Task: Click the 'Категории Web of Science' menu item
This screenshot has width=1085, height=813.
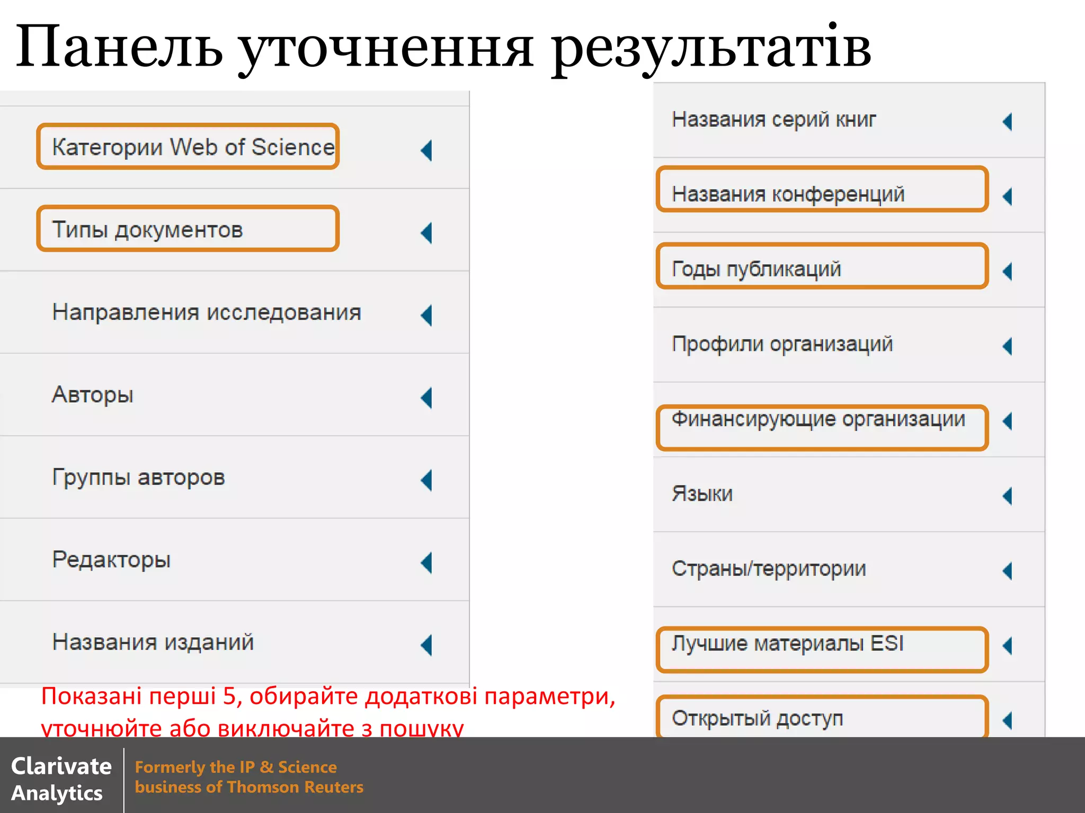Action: coord(193,147)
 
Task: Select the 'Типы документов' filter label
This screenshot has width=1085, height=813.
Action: coord(147,230)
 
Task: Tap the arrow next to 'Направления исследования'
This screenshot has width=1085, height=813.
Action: coord(426,315)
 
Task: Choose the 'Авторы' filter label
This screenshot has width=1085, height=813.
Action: coord(93,395)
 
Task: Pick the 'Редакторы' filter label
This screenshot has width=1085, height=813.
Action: coord(111,560)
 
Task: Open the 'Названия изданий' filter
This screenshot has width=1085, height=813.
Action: coord(153,643)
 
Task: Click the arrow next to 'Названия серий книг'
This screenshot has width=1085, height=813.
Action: coord(1008,122)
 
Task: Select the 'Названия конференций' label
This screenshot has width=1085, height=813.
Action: coord(788,194)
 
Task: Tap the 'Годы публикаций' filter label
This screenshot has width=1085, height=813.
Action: coord(756,269)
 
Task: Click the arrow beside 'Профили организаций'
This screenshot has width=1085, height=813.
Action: coord(1008,347)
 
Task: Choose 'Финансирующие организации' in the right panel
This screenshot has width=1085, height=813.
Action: coord(819,419)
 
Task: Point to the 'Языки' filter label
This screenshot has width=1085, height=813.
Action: coord(702,494)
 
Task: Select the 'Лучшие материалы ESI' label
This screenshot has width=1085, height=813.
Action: coord(787,644)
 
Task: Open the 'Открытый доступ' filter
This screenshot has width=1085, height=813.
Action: coord(758,718)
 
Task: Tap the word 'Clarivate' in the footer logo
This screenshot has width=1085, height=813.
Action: coord(61,766)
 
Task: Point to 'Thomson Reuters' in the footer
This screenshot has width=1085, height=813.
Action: coord(295,787)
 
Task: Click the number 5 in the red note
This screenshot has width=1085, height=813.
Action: coord(229,697)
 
